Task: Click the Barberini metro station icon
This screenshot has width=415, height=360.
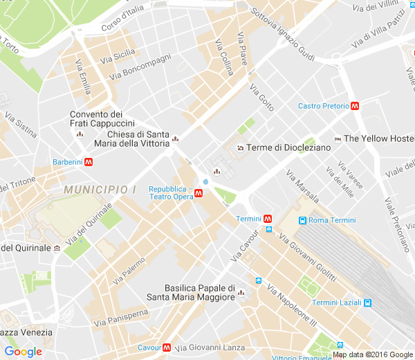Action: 89,162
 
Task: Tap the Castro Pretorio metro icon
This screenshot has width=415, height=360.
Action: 355,106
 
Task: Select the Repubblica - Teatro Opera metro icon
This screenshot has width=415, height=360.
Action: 199,193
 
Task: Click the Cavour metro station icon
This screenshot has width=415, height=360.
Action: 167,348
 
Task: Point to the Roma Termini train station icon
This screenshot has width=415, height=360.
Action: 302,220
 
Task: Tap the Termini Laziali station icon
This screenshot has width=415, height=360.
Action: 368,303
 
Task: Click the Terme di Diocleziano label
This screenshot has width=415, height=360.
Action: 285,147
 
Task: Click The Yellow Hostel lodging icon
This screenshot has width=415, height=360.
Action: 338,138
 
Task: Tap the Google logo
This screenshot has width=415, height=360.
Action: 23,352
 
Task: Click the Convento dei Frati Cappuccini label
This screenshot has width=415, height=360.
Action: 97,119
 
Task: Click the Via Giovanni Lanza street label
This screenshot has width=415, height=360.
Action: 210,348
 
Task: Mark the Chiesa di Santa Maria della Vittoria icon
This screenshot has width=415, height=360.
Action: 176,138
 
